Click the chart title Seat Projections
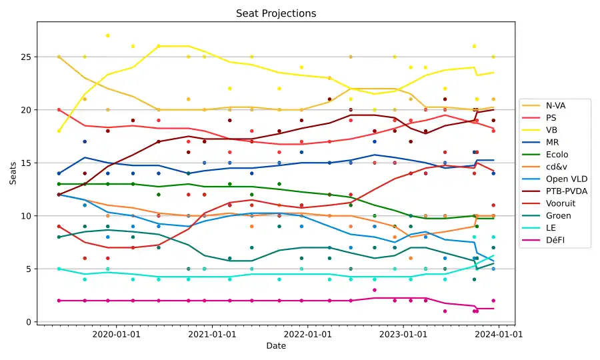click(x=276, y=13)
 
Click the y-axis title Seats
click(x=13, y=173)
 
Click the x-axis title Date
click(x=276, y=346)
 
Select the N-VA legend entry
click(x=557, y=105)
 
